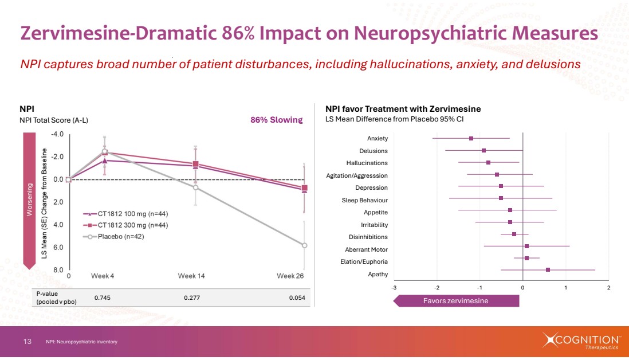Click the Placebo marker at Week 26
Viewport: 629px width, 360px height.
[x=304, y=245]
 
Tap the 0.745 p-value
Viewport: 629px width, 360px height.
[x=102, y=298]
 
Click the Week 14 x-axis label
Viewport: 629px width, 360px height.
[x=191, y=276]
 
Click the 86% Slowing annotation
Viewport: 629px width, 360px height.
[x=276, y=120]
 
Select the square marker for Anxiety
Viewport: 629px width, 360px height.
[x=471, y=138]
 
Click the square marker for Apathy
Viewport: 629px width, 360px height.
[x=548, y=269]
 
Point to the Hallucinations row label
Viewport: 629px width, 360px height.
[x=367, y=163]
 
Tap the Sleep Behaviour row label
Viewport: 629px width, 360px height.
[x=364, y=200]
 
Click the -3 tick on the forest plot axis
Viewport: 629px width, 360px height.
[x=394, y=287]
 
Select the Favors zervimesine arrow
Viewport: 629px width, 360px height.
[x=456, y=301]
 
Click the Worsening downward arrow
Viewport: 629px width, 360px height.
[x=30, y=201]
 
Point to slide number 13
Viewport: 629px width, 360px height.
[x=27, y=342]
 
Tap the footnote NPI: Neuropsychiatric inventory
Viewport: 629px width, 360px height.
[x=81, y=342]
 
